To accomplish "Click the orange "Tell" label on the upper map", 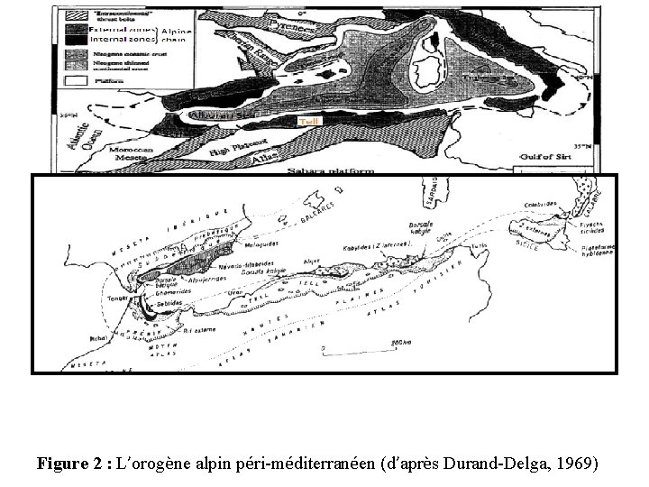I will (308, 121).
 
